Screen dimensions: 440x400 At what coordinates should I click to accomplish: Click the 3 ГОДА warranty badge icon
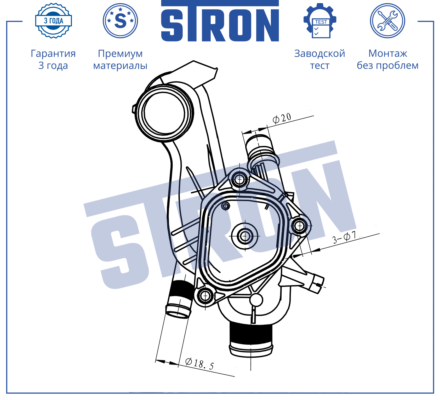pyautogui.click(x=54, y=21)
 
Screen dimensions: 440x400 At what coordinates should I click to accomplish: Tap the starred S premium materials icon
pyautogui.click(x=120, y=21)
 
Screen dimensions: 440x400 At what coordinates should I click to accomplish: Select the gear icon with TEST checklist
pyautogui.click(x=320, y=21)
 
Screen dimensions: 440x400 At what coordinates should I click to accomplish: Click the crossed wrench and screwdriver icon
pyautogui.click(x=387, y=21)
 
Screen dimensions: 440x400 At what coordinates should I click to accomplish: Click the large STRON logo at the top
pyautogui.click(x=220, y=21)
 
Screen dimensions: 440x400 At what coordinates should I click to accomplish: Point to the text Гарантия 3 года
pyautogui.click(x=53, y=59)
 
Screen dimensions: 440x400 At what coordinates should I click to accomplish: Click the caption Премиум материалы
pyautogui.click(x=120, y=59)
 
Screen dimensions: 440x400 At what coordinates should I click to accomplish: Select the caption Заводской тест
pyautogui.click(x=320, y=59)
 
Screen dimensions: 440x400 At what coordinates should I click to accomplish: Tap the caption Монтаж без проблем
pyautogui.click(x=388, y=59)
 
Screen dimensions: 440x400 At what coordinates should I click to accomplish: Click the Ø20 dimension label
pyautogui.click(x=282, y=118)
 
